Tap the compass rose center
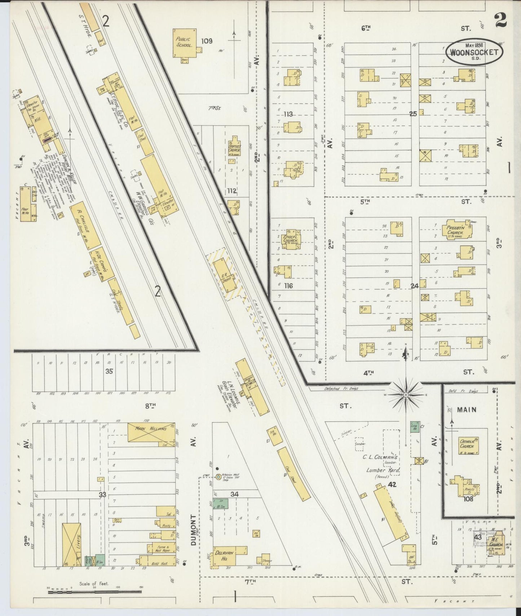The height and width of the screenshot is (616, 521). tap(405, 395)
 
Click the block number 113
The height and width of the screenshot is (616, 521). tap(288, 114)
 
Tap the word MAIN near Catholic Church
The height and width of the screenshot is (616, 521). tap(467, 410)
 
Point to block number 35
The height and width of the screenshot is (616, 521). tap(109, 371)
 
